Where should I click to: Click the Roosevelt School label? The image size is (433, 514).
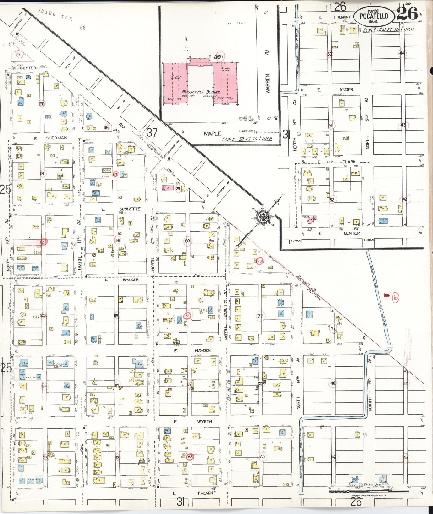coord(201,92)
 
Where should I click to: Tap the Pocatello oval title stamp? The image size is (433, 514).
coord(373,16)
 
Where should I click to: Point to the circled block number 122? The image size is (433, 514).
coord(44,242)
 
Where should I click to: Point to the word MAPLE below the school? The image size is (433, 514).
coord(213,133)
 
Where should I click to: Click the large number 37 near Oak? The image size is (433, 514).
coord(152,132)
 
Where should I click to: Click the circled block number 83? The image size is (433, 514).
coord(190,457)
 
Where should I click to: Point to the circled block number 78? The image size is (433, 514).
coord(260,261)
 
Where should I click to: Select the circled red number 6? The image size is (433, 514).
coord(396,297)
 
